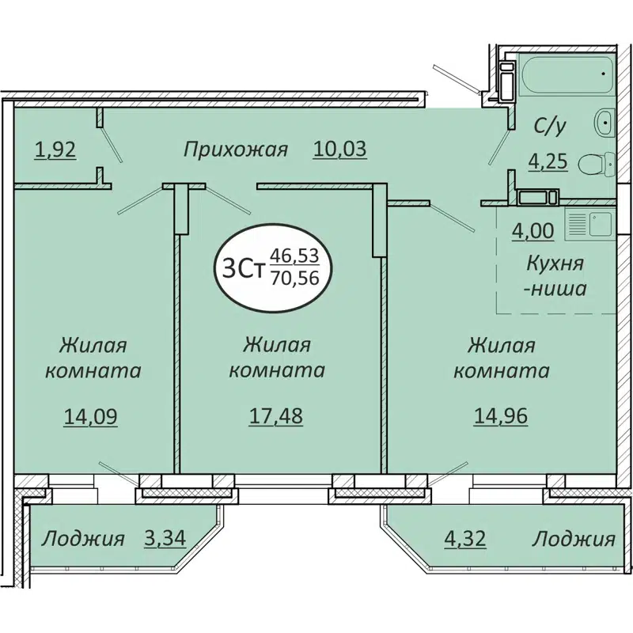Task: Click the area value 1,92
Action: click(x=55, y=149)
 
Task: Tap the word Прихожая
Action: click(x=235, y=149)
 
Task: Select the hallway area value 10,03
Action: click(x=341, y=149)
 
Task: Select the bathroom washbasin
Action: click(x=605, y=122)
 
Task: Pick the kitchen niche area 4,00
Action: click(x=532, y=233)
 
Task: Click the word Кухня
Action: click(x=557, y=263)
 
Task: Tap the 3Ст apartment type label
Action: click(x=241, y=269)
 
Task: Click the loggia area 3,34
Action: click(x=165, y=540)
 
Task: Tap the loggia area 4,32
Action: click(x=464, y=540)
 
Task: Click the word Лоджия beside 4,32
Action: click(x=573, y=540)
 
